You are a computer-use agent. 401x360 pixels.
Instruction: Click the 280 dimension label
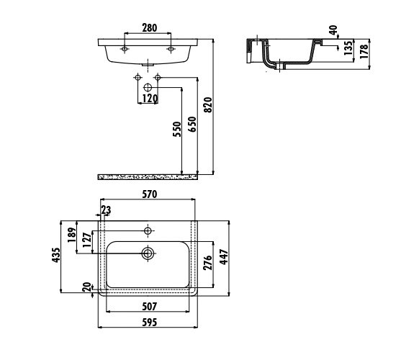pyautogui.click(x=149, y=27)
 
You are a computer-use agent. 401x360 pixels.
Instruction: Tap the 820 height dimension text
pyautogui.click(x=209, y=105)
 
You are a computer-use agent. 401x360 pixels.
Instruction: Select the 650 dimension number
pyautogui.click(x=192, y=125)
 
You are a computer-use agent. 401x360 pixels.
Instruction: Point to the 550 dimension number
pyautogui.click(x=176, y=129)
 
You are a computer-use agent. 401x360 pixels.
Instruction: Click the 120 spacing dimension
pyautogui.click(x=150, y=98)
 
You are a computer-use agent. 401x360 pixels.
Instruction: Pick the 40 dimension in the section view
pyautogui.click(x=333, y=30)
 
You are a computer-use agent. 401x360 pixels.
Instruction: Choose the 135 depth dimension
pyautogui.click(x=348, y=48)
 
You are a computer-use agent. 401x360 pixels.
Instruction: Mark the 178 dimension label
pyautogui.click(x=364, y=51)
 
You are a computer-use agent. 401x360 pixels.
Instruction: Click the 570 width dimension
pyautogui.click(x=149, y=194)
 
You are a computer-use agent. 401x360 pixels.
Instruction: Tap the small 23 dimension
pyautogui.click(x=106, y=210)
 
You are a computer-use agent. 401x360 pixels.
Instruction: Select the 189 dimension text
pyautogui.click(x=72, y=235)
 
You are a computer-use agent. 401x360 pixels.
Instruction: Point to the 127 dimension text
pyautogui.click(x=87, y=240)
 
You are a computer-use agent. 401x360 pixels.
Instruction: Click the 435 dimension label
pyautogui.click(x=56, y=255)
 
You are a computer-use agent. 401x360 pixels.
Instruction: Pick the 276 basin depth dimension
pyautogui.click(x=207, y=263)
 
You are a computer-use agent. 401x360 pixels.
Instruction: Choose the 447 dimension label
pyautogui.click(x=223, y=257)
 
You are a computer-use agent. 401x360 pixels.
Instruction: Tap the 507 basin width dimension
pyautogui.click(x=149, y=306)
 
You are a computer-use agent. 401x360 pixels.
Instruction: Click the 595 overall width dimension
pyautogui.click(x=149, y=322)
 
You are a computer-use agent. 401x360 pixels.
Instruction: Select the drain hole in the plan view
pyautogui.click(x=148, y=253)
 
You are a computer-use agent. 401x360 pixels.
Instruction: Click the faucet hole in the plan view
pyautogui.click(x=148, y=231)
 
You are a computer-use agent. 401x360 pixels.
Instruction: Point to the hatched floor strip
pyautogui.click(x=148, y=176)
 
